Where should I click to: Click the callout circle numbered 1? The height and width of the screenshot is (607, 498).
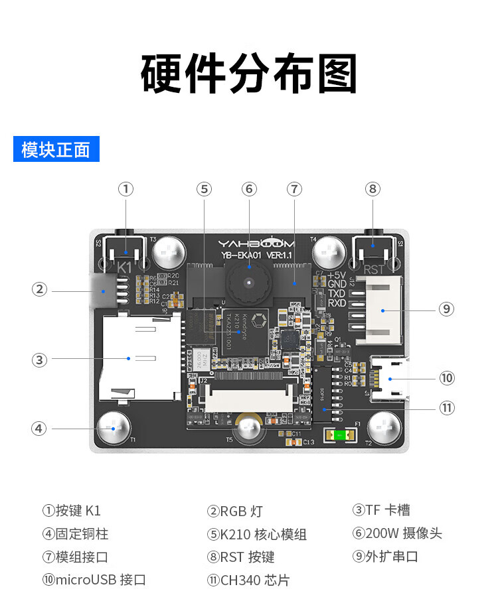126,189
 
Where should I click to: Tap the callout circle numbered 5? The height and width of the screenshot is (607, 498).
205,189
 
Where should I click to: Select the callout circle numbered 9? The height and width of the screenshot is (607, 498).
447,308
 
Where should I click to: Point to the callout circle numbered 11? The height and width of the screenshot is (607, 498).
447,408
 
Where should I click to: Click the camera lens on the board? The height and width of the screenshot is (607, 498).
249,281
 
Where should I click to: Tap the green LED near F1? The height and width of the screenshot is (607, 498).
339,435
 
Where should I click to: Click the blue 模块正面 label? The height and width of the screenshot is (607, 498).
56,149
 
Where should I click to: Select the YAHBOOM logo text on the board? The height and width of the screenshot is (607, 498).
256,243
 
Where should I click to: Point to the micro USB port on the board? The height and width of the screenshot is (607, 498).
391,380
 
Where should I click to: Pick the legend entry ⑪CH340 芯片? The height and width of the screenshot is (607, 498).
249,580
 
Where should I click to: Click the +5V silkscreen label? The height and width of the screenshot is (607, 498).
337,275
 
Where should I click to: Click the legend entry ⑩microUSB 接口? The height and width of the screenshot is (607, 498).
94,580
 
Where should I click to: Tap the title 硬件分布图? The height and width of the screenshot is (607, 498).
249,73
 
